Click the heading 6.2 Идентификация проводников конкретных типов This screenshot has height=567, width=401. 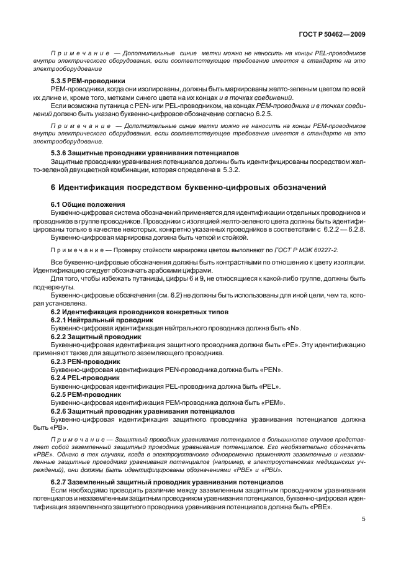click(x=140, y=311)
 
